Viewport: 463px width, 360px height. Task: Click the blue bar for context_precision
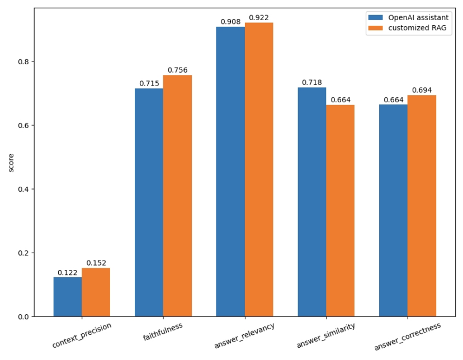68,297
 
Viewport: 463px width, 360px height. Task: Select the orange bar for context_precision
96,292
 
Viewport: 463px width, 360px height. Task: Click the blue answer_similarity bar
311,202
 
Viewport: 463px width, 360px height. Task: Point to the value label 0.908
230,22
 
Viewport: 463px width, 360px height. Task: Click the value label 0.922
259,18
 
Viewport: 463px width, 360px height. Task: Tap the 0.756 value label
178,70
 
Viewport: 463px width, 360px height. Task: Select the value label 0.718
311,83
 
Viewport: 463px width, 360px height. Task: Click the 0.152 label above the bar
96,263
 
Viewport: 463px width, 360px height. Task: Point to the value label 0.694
422,91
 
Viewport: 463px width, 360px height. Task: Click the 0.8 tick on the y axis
24,61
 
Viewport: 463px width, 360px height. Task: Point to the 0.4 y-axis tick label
24,189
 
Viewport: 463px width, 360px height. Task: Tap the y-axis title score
11,163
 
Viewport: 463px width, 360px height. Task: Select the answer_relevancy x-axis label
245,335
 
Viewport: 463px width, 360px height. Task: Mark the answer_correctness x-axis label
408,337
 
